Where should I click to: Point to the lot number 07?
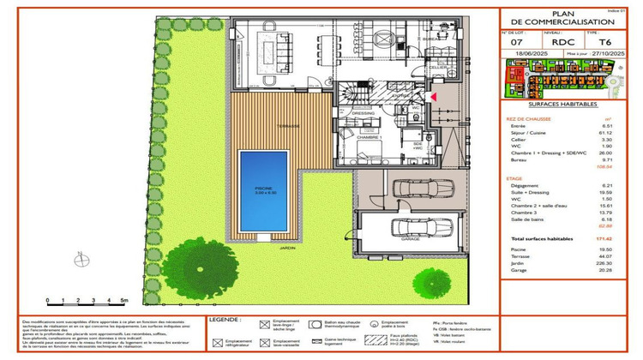point(516,41)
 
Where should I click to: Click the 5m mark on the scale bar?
point(125,302)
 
